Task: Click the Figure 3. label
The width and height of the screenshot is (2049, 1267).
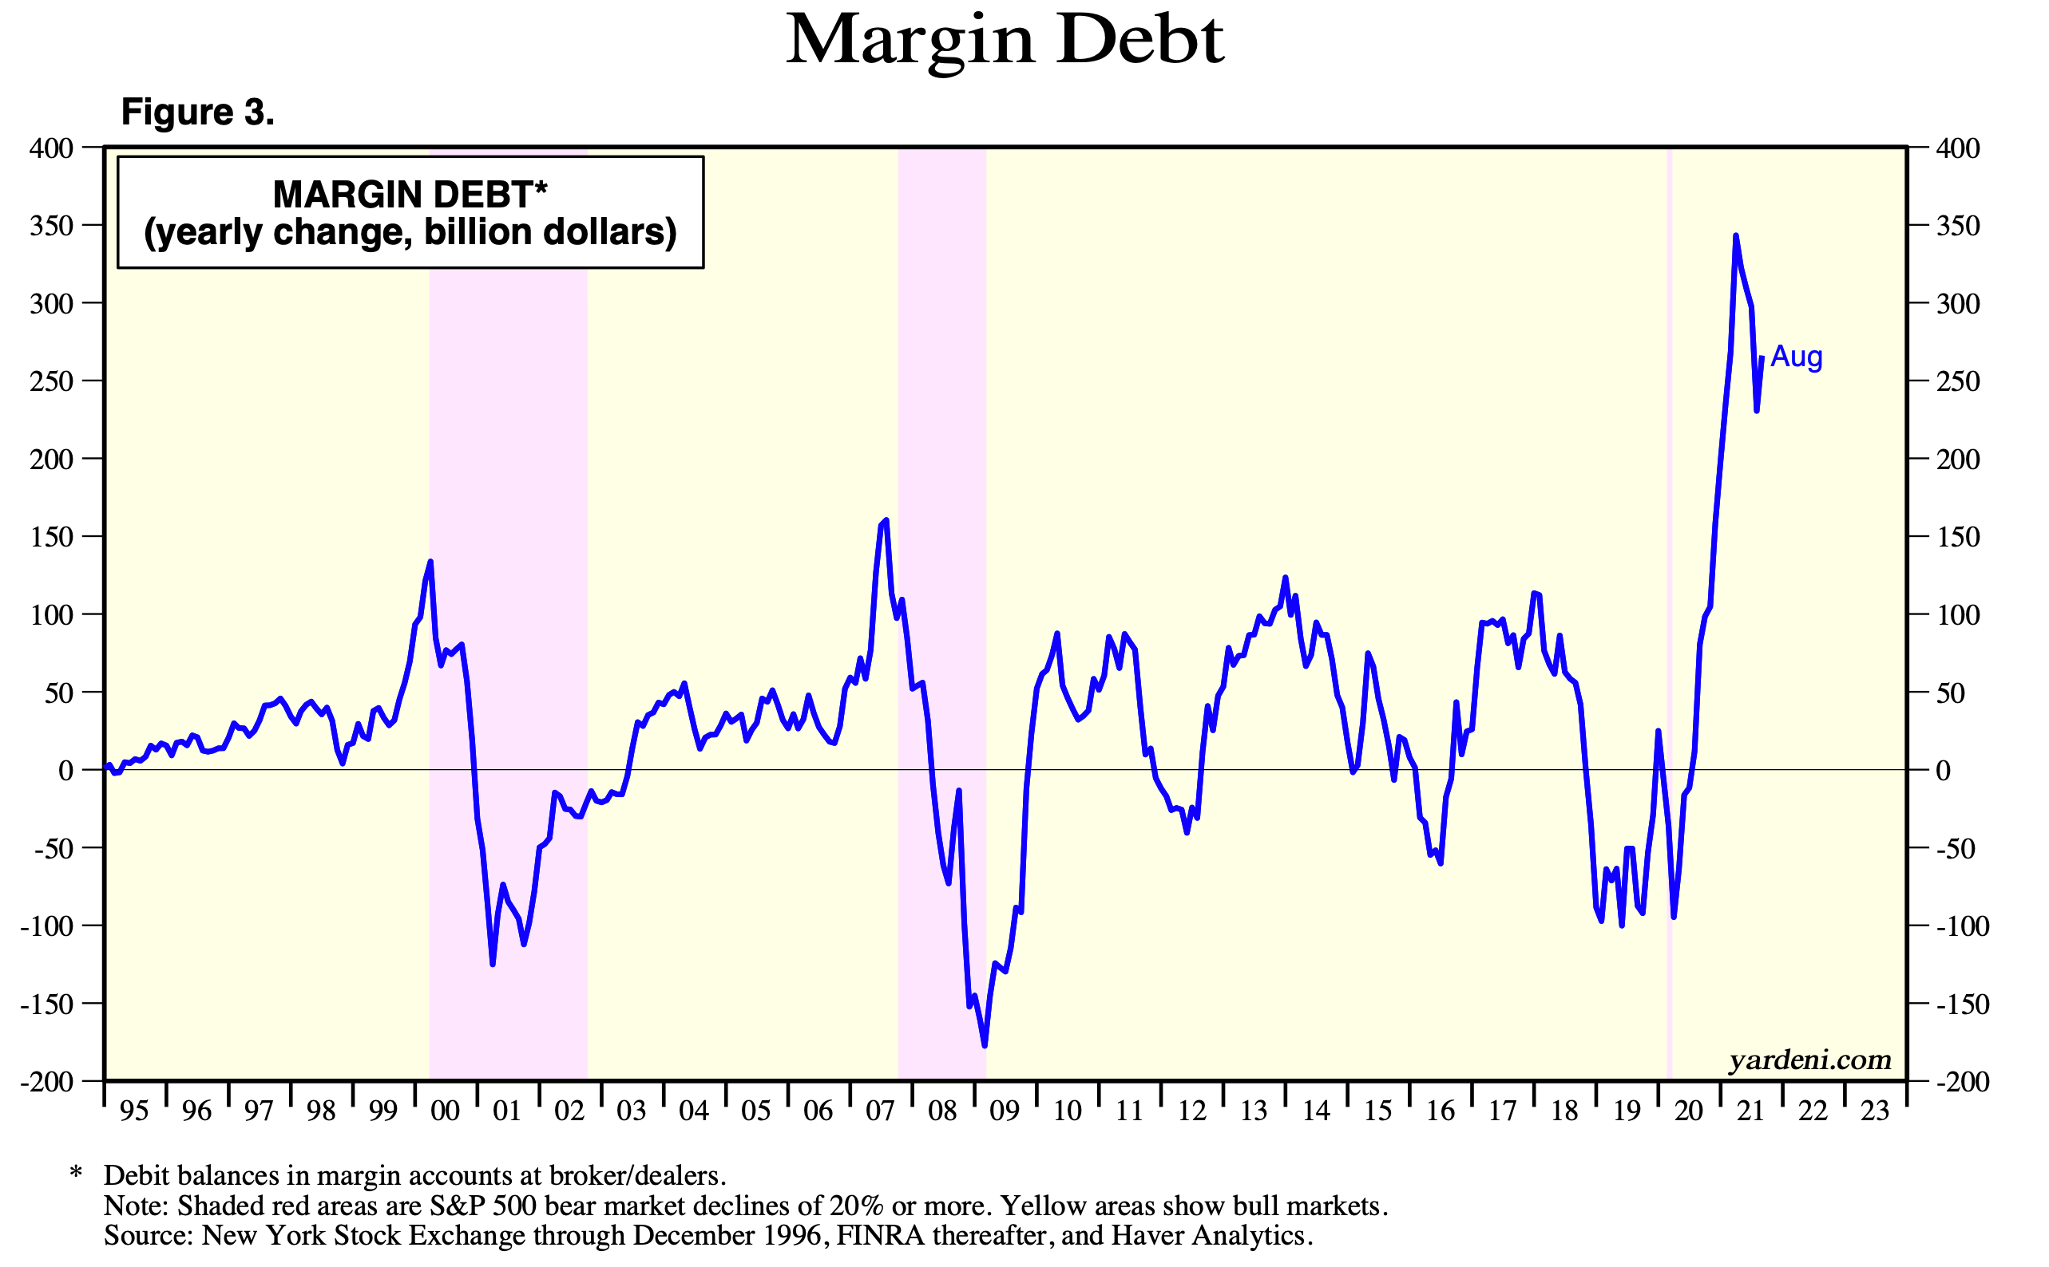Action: [198, 112]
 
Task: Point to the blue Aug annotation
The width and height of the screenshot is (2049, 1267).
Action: [1796, 356]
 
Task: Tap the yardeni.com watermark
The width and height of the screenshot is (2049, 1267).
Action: [1809, 1060]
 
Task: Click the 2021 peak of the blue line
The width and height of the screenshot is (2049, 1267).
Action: [1734, 236]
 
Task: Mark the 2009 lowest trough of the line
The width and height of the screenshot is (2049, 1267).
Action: [985, 1045]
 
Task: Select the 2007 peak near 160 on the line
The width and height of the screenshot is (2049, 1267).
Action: [886, 520]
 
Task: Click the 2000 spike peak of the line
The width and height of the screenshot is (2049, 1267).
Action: [430, 562]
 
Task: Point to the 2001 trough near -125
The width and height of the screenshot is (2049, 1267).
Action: [492, 964]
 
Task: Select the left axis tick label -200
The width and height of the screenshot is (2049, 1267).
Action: [47, 1081]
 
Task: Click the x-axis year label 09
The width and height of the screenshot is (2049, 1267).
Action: [1005, 1111]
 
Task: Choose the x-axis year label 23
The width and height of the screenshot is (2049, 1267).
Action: [1875, 1111]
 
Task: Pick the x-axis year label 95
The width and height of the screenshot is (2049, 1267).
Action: [134, 1111]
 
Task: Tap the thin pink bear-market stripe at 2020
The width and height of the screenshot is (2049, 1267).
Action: [1669, 586]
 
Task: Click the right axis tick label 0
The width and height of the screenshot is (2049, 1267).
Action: [1943, 770]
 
